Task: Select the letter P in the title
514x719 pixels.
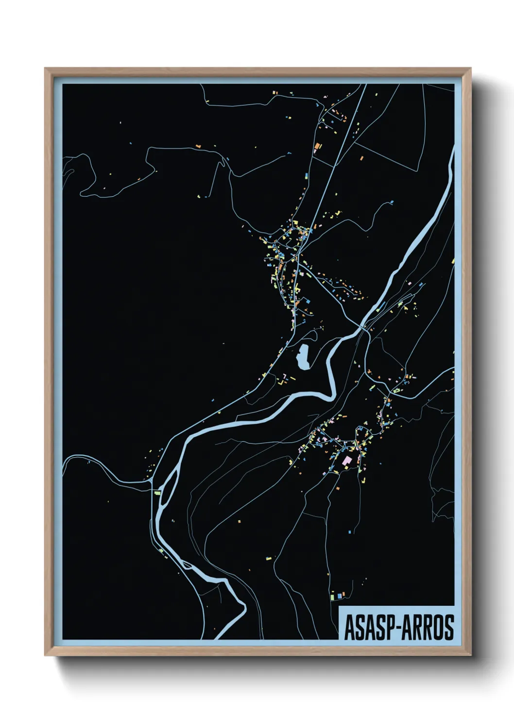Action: [390, 627]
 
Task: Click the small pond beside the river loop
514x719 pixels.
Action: [303, 357]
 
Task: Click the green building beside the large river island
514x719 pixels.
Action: [157, 493]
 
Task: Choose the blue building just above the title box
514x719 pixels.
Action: [340, 596]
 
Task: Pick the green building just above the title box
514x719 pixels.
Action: [332, 596]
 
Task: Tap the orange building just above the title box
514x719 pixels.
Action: [344, 594]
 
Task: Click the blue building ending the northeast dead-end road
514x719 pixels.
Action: [392, 202]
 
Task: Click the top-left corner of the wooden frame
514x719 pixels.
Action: [45, 68]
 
